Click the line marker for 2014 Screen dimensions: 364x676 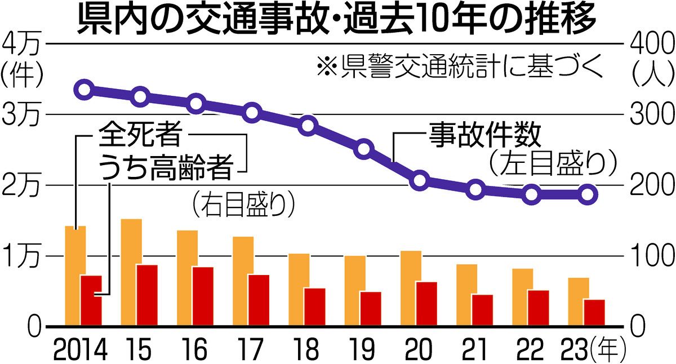click(x=84, y=89)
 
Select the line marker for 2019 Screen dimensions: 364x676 click(x=364, y=149)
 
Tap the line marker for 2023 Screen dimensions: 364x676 click(x=587, y=194)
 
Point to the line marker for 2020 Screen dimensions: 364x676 click(x=420, y=181)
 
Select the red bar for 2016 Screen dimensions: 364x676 click(x=203, y=296)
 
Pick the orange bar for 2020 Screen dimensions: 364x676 click(x=411, y=288)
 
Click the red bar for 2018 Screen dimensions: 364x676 click(x=315, y=307)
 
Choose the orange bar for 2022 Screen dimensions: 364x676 click(x=523, y=297)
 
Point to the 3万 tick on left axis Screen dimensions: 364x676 click(x=20, y=116)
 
